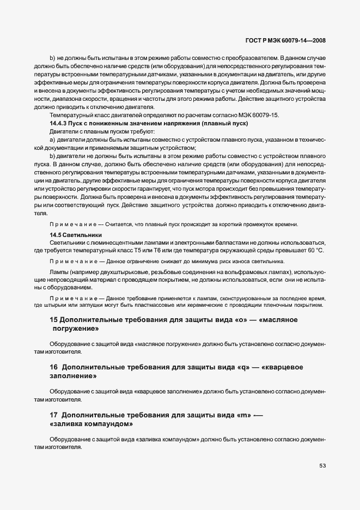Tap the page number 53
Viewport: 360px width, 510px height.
click(x=322, y=465)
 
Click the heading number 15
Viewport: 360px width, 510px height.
click(x=54, y=320)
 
